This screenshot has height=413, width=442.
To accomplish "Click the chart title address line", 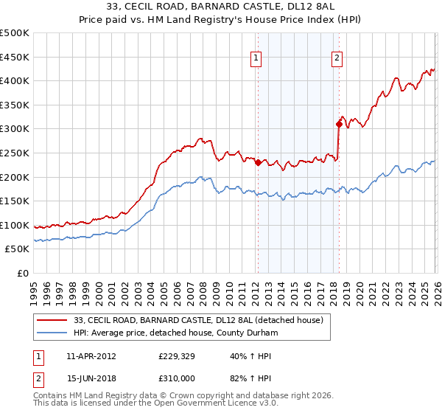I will [x=221, y=7].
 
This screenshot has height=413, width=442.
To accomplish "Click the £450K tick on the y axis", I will [x=15, y=57].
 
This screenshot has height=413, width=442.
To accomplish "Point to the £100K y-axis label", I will [x=15, y=225].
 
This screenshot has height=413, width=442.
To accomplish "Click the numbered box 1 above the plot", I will [x=256, y=58].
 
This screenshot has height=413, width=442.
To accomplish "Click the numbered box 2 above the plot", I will [x=337, y=58].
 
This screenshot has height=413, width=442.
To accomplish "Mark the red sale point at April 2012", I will [x=258, y=163].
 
